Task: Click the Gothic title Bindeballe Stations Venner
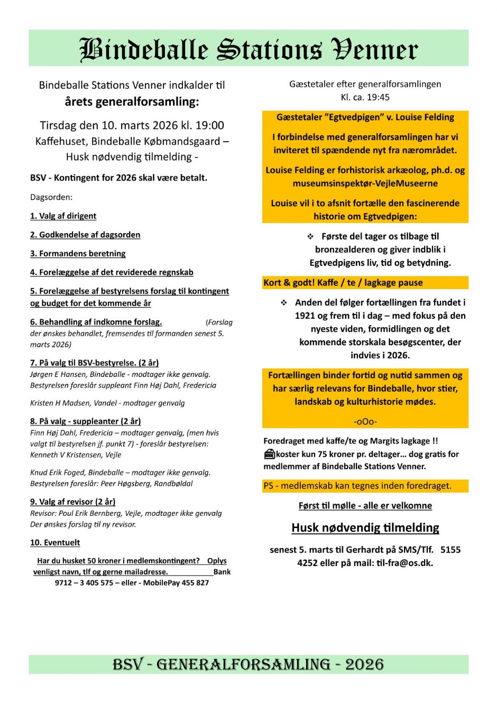click(248, 50)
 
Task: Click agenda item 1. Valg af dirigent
click(63, 216)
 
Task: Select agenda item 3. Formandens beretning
click(78, 253)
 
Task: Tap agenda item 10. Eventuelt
click(55, 542)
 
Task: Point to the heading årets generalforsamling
click(132, 101)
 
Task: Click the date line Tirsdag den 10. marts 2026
click(132, 125)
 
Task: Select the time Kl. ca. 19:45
click(365, 97)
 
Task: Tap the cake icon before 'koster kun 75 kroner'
click(269, 454)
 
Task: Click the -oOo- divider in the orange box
click(365, 421)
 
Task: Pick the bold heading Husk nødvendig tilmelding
click(365, 528)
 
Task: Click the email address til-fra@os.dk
click(404, 563)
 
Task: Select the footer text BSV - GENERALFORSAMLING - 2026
click(248, 664)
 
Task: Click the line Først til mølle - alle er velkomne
click(365, 505)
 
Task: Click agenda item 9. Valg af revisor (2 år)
click(72, 502)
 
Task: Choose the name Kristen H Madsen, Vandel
click(73, 403)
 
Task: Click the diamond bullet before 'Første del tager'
click(310, 236)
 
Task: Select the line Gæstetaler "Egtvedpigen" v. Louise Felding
click(365, 117)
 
